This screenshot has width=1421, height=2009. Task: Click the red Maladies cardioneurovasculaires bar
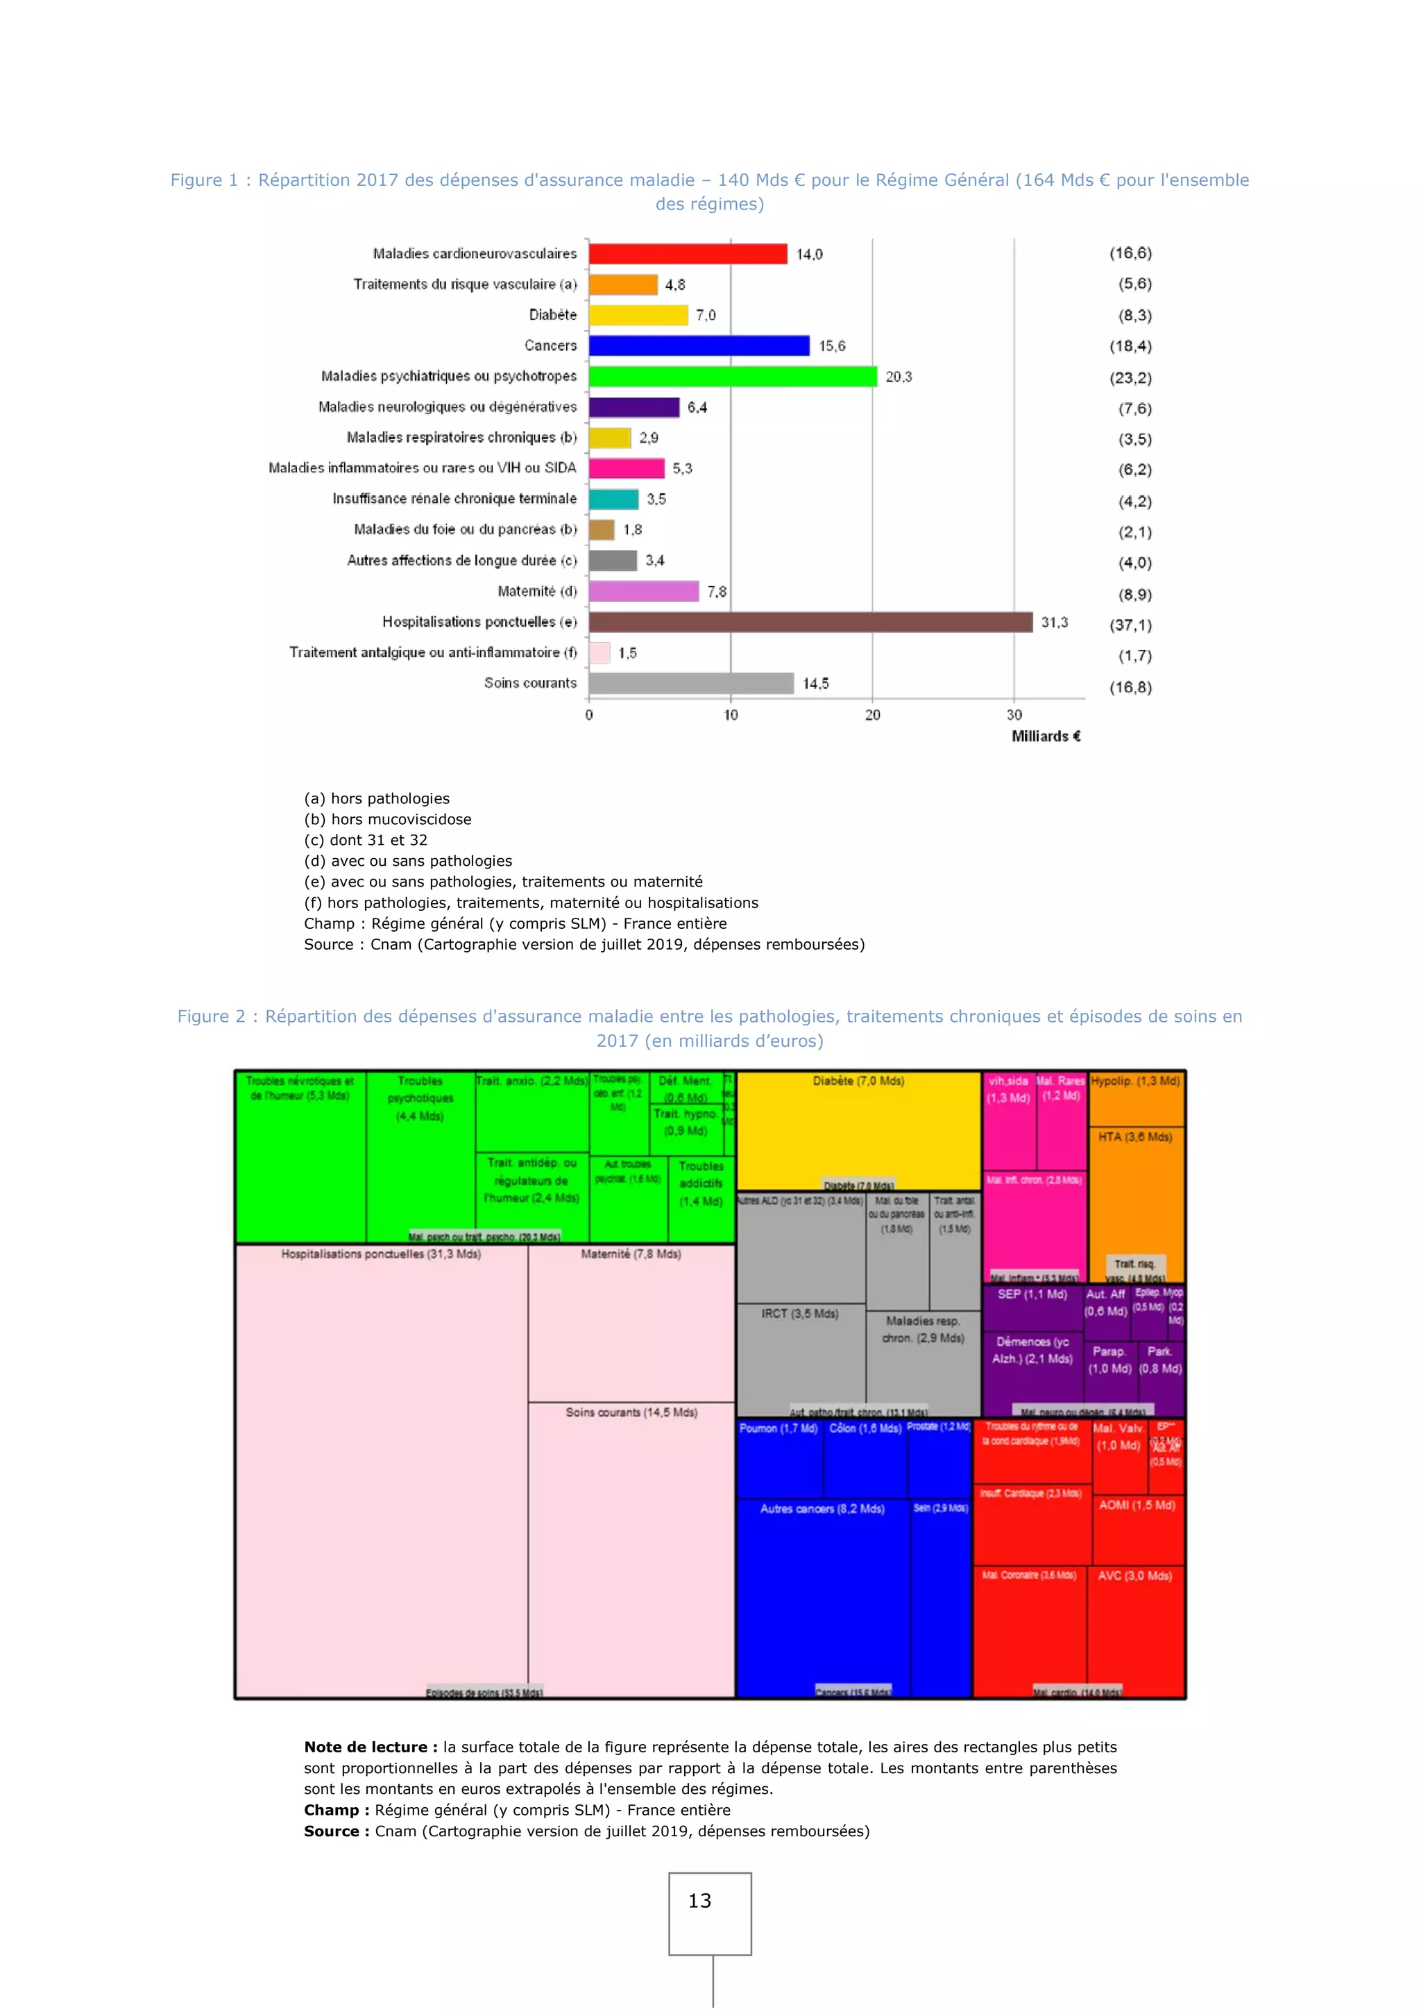tap(688, 254)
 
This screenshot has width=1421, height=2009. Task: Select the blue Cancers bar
tap(699, 345)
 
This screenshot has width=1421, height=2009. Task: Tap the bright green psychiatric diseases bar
tap(733, 376)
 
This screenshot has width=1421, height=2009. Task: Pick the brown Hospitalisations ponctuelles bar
tap(810, 622)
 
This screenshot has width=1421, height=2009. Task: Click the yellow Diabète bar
tap(638, 315)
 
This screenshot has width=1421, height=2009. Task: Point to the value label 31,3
tap(1055, 622)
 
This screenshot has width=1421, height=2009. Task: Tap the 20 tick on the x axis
tap(872, 715)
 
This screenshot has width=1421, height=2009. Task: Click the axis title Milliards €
tap(1046, 737)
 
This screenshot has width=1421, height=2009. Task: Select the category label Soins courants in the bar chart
tap(530, 683)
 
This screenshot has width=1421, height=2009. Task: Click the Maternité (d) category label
tap(537, 592)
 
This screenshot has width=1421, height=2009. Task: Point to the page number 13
tap(699, 1901)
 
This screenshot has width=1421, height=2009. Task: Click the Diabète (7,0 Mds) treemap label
tap(858, 1082)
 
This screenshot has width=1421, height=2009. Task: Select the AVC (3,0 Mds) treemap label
tap(1135, 1576)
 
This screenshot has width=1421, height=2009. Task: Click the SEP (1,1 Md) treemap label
tap(1032, 1294)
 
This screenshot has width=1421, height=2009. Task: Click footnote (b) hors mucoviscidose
tap(388, 820)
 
